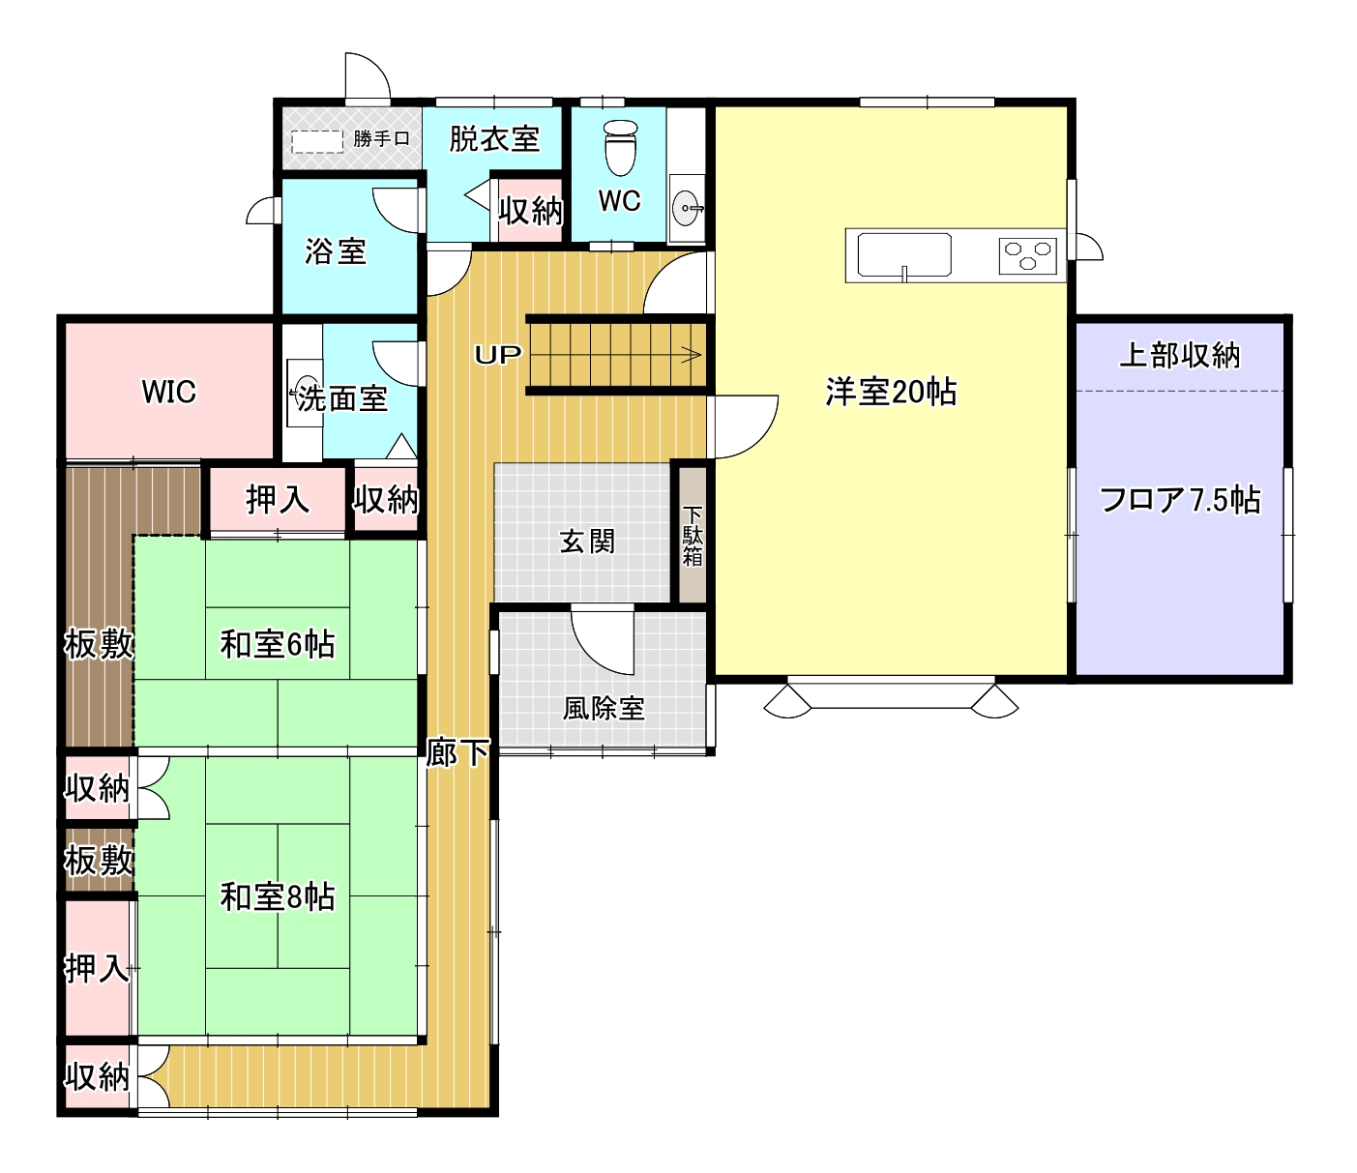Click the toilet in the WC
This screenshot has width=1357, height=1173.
click(620, 148)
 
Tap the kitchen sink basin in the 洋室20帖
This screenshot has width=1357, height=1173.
click(904, 254)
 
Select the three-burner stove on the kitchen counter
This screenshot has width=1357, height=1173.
click(1027, 255)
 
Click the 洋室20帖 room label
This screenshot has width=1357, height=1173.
click(891, 392)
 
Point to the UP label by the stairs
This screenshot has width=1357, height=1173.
click(498, 355)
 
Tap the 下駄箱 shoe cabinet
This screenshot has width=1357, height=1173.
click(693, 535)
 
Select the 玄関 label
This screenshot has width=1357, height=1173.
click(587, 542)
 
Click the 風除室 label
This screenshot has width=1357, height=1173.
click(604, 708)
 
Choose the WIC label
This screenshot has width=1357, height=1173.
click(168, 392)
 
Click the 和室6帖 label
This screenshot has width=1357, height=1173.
click(277, 644)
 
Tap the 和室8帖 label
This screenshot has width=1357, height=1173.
click(277, 896)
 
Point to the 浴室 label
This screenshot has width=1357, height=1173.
click(336, 251)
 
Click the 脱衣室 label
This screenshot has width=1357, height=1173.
click(494, 138)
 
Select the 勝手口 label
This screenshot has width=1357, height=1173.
click(381, 138)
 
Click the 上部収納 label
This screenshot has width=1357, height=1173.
click(1180, 355)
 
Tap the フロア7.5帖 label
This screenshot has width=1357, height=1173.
click(1180, 500)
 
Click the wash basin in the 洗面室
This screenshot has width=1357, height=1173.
click(306, 393)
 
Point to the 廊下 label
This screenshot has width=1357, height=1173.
click(457, 752)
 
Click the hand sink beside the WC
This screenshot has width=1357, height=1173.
click(687, 208)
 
